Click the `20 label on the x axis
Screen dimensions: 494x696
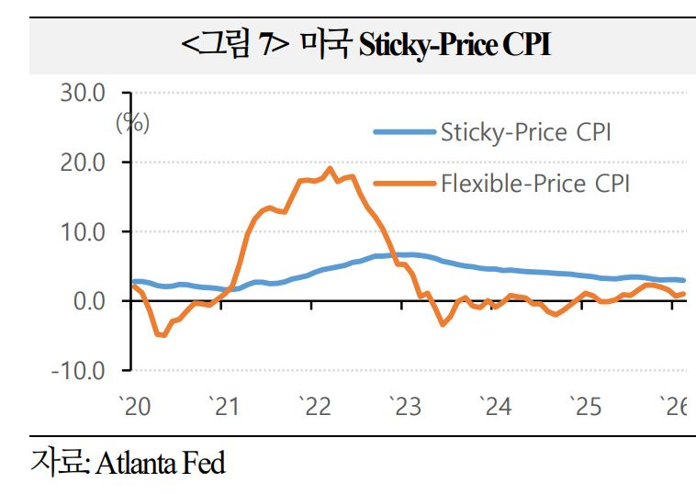pyautogui.click(x=135, y=407)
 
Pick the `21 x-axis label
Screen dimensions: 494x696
pyautogui.click(x=225, y=407)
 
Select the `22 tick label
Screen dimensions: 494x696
pyautogui.click(x=315, y=407)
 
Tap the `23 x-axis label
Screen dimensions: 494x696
pyautogui.click(x=404, y=407)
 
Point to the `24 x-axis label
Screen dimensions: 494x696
pyautogui.click(x=494, y=407)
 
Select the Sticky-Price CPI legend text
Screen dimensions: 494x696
pyautogui.click(x=525, y=132)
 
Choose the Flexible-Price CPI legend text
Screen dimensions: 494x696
pyautogui.click(x=535, y=183)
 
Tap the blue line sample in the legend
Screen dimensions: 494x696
pyautogui.click(x=403, y=132)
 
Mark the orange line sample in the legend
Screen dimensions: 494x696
pyautogui.click(x=403, y=183)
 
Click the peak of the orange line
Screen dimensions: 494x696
pyautogui.click(x=330, y=168)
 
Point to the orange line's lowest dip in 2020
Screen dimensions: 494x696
pyautogui.click(x=163, y=335)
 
